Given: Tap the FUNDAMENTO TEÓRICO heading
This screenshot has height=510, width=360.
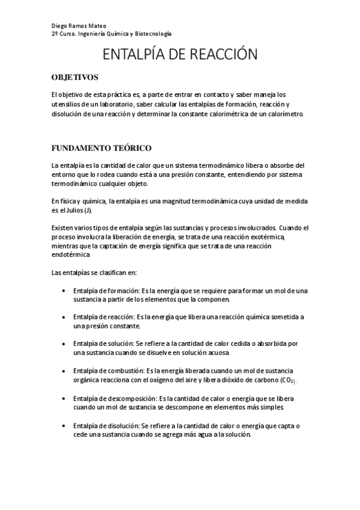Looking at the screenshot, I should pyautogui.click(x=101, y=147).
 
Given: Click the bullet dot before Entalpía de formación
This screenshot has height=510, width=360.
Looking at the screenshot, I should pyautogui.click(x=64, y=290).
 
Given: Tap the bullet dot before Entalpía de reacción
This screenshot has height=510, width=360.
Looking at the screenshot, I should pyautogui.click(x=64, y=316).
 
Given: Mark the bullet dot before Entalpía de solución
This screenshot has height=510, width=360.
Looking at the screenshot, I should pyautogui.click(x=64, y=343).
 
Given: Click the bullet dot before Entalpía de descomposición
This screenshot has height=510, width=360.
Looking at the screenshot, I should pyautogui.click(x=64, y=398).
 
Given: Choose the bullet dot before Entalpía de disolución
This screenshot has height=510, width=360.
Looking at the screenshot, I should pyautogui.click(x=64, y=426).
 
